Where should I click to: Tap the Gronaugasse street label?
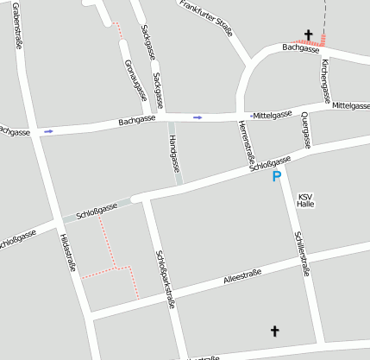[133, 79]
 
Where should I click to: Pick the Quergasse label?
[305, 129]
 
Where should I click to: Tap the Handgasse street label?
[174, 152]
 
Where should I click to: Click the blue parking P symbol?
[277, 177]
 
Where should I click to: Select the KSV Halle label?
[305, 200]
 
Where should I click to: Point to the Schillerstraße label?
[302, 252]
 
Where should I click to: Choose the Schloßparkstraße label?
[165, 278]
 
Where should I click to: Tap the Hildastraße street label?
[68, 254]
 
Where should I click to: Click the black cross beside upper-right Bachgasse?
[308, 35]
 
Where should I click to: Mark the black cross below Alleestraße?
[275, 331]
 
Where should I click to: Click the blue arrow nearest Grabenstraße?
[48, 131]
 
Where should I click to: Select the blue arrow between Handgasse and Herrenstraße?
[198, 117]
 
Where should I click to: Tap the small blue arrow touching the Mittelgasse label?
[250, 115]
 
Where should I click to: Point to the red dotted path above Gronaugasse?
[119, 32]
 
